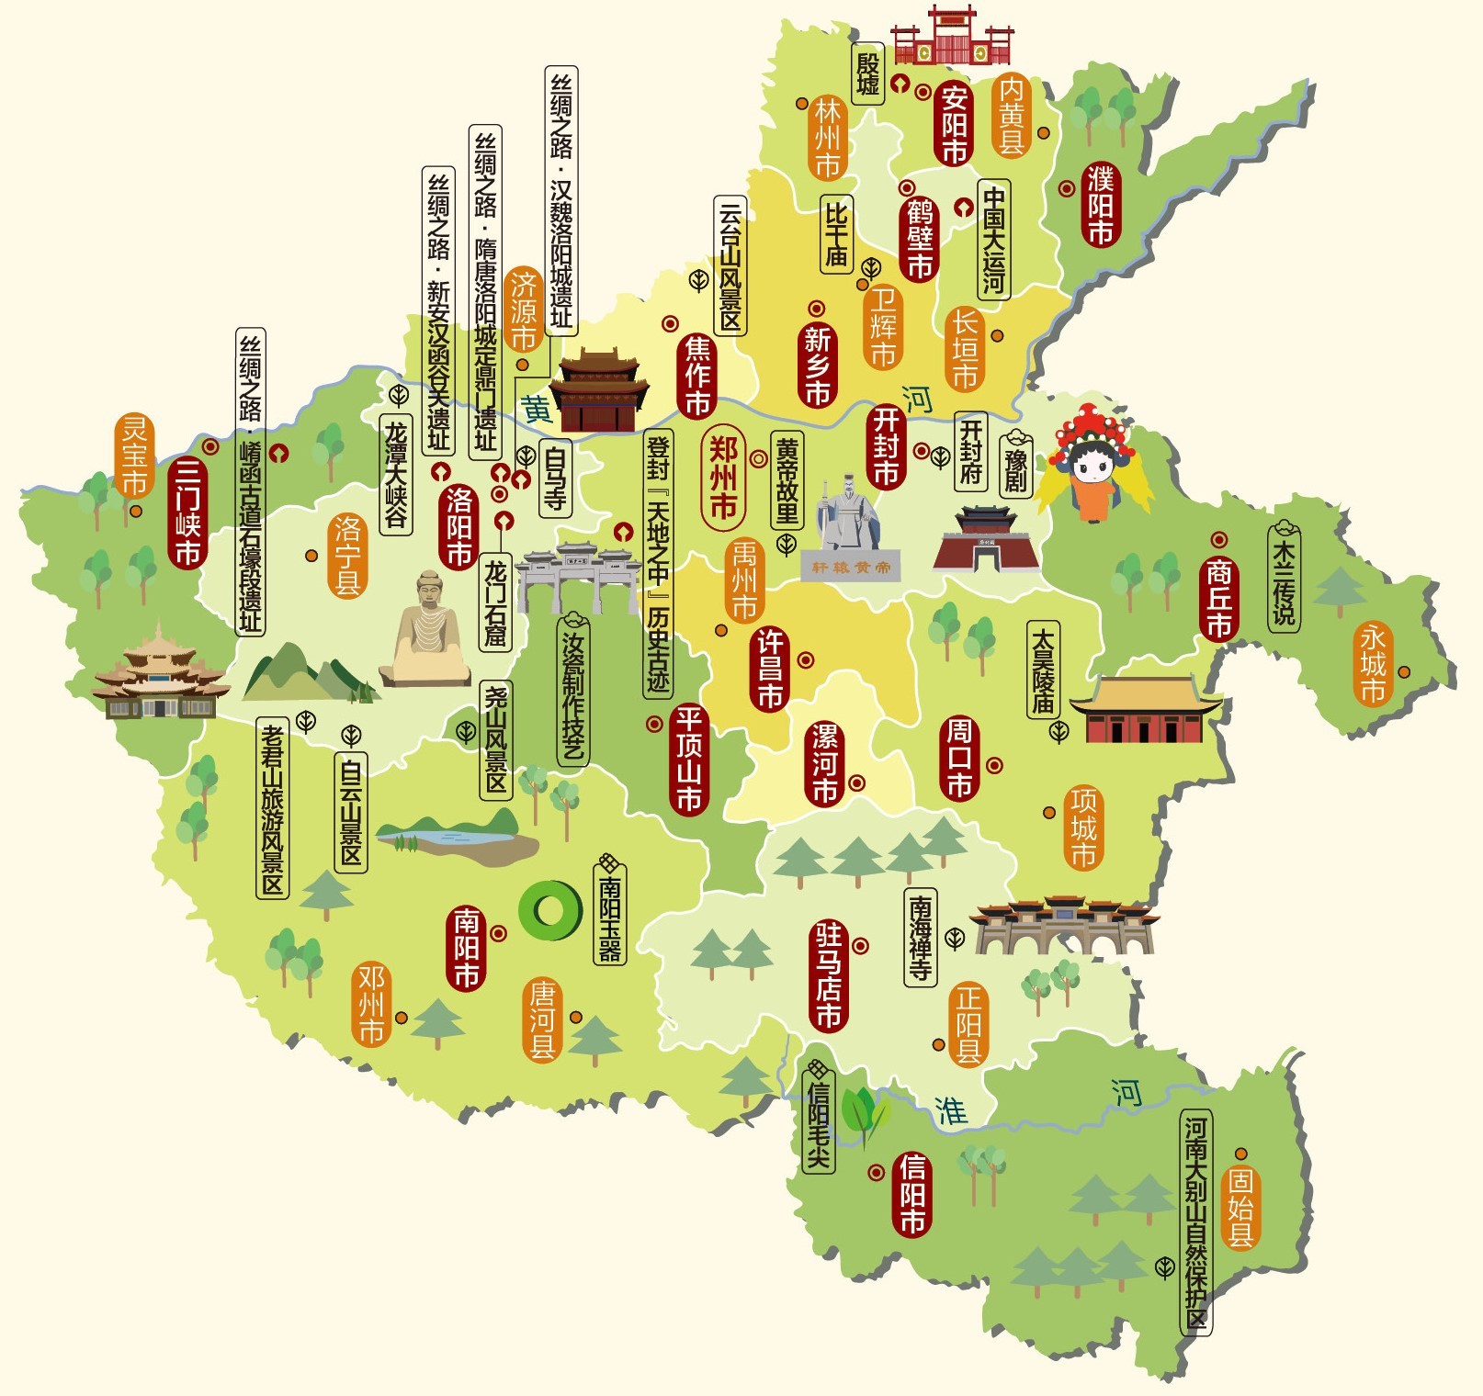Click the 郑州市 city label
tap(723, 478)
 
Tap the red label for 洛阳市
tap(458, 526)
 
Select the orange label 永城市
tap(1373, 663)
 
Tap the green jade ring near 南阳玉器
tap(549, 910)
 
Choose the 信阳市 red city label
tap(912, 1193)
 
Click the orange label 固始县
tap(1240, 1207)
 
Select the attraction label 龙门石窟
tap(496, 602)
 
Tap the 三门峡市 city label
tap(187, 512)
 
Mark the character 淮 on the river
tap(951, 1110)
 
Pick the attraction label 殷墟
tap(867, 73)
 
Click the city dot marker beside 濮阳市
tap(1066, 188)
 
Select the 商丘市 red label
tap(1218, 599)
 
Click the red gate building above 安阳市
tap(952, 37)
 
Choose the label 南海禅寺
tap(921, 938)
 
